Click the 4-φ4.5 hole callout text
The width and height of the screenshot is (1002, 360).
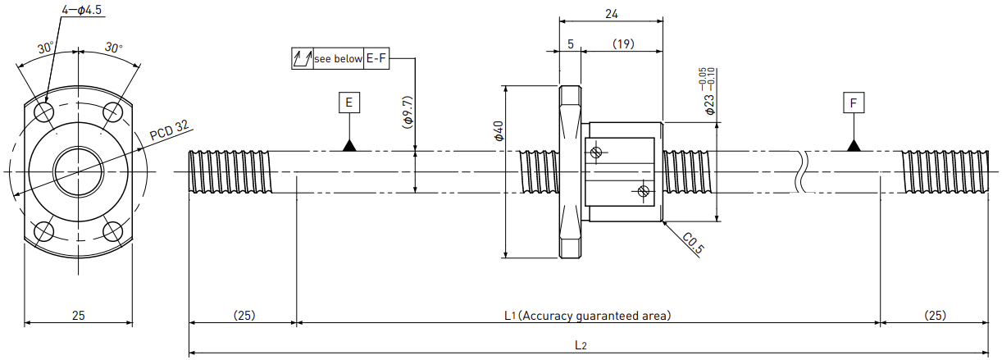[81, 10]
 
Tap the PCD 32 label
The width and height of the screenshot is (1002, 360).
[169, 130]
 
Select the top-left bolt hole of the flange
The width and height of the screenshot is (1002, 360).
[45, 112]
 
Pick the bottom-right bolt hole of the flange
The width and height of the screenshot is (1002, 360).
[112, 231]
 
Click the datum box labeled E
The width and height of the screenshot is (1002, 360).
[349, 103]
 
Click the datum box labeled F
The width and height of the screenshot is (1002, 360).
[854, 103]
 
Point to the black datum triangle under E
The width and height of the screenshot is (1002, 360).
[349, 145]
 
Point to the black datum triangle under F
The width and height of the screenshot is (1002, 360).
[854, 145]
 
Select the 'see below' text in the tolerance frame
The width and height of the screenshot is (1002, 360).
[338, 58]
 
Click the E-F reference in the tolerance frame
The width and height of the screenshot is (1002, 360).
[376, 58]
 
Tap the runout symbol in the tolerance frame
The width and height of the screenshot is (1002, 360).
[303, 58]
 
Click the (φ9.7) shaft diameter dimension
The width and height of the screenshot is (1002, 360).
[408, 112]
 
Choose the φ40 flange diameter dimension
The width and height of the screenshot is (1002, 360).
[499, 131]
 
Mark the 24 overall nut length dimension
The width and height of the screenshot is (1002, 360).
[612, 14]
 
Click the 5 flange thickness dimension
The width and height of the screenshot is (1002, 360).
[571, 43]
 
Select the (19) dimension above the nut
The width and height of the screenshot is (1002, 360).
[623, 43]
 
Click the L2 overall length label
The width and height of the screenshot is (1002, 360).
[581, 345]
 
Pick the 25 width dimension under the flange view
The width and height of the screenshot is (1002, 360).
[78, 316]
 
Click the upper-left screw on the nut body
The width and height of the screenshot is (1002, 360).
[595, 153]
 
